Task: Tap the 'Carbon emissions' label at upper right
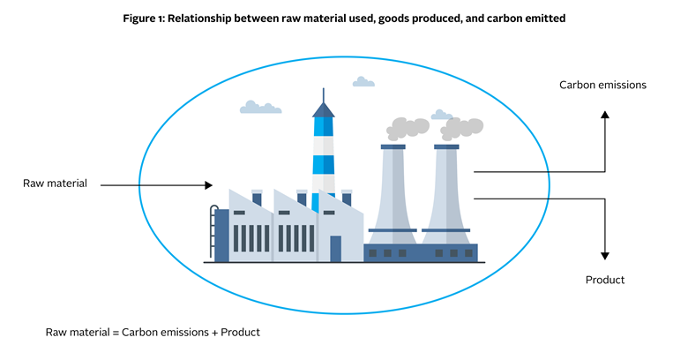[x=603, y=85]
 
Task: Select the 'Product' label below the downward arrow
[x=605, y=280]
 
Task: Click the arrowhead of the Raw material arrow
[x=208, y=185]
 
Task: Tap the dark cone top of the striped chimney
[x=324, y=109]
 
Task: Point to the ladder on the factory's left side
[x=212, y=231]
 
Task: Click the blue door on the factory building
[x=335, y=248]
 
